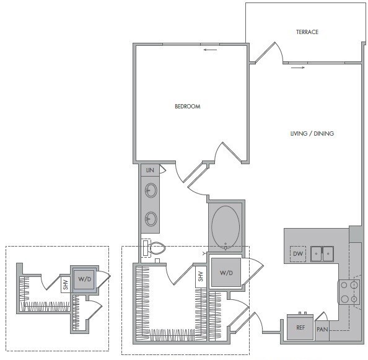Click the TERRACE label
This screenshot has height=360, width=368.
pyautogui.click(x=307, y=32)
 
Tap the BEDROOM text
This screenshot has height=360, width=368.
pyautogui.click(x=187, y=107)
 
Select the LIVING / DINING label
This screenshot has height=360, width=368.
pyautogui.click(x=312, y=134)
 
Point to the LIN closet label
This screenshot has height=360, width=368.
pyautogui.click(x=149, y=170)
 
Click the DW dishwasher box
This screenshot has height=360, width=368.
pyautogui.click(x=298, y=254)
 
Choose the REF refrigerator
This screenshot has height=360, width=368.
pyautogui.click(x=300, y=328)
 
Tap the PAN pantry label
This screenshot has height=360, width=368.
pyautogui.click(x=322, y=330)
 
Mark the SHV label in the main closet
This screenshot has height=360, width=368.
pyautogui.click(x=201, y=277)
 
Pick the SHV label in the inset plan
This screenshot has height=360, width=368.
pyautogui.click(x=65, y=286)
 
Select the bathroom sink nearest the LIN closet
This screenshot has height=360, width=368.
pyautogui.click(x=150, y=190)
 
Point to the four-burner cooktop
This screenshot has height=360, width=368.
pyautogui.click(x=349, y=291)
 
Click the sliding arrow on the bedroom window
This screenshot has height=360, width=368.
pyautogui.click(x=209, y=50)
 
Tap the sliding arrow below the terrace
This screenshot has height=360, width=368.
pyautogui.click(x=298, y=68)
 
